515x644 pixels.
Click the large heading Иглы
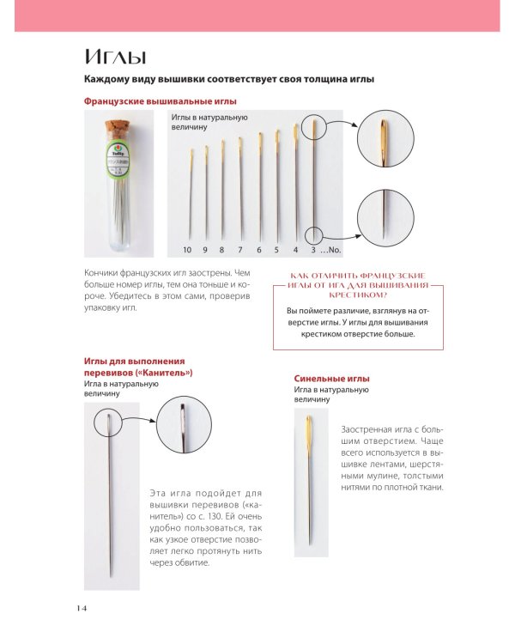[x=115, y=57]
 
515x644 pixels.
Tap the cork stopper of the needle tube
[x=117, y=128]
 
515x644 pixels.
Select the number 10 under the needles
[x=187, y=249]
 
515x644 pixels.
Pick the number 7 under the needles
[x=240, y=249]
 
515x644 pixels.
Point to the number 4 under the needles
[x=295, y=249]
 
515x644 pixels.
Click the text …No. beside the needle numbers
[x=330, y=249]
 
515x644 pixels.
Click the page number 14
[x=82, y=608]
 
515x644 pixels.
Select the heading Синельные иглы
[x=332, y=379]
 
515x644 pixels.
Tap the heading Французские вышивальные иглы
[x=161, y=101]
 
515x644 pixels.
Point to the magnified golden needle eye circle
[x=385, y=138]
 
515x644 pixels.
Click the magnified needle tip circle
[x=385, y=218]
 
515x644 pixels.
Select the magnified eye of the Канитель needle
[x=184, y=425]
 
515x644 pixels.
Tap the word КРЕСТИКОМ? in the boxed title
[x=358, y=295]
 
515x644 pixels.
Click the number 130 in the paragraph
[x=215, y=516]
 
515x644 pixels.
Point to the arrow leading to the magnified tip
[x=341, y=237]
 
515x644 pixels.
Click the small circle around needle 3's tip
[x=314, y=235]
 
